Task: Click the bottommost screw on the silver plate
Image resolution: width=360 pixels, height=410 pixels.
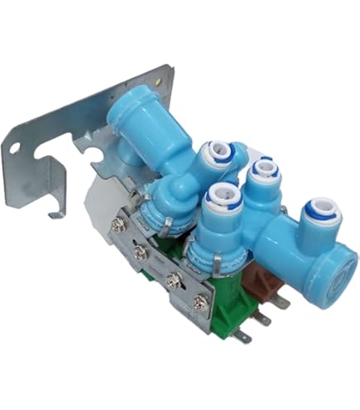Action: [x=198, y=304]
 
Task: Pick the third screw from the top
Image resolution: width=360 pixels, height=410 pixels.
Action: [x=175, y=279]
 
